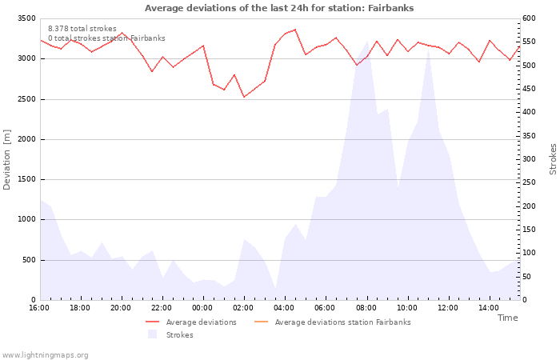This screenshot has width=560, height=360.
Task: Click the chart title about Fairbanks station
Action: click(279, 8)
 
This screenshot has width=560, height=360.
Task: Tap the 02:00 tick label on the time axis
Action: click(243, 308)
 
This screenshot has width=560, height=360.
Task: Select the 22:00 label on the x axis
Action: click(162, 308)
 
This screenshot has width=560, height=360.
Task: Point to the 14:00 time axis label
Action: click(489, 308)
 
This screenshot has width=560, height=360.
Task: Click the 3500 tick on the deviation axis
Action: click(26, 18)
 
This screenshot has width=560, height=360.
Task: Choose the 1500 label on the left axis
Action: click(26, 179)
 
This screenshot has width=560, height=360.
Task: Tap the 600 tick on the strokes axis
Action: click(529, 18)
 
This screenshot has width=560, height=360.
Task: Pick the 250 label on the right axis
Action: click(529, 182)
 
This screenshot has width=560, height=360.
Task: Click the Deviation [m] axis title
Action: click(6, 160)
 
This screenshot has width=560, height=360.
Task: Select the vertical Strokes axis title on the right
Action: click(553, 159)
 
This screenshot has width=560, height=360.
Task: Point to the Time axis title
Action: click(507, 318)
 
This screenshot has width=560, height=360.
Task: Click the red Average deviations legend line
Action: click(153, 322)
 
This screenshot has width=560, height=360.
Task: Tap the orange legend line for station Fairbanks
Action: click(261, 322)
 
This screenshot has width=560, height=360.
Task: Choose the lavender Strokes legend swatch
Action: click(153, 334)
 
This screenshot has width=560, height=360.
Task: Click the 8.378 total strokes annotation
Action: click(82, 29)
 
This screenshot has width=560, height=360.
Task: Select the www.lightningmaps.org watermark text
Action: click(45, 355)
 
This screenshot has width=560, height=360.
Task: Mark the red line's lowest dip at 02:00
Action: click(244, 97)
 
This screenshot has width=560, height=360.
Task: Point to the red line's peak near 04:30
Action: click(295, 30)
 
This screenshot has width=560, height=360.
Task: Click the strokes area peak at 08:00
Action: click(367, 41)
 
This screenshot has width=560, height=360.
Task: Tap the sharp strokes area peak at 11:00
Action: click(428, 48)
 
